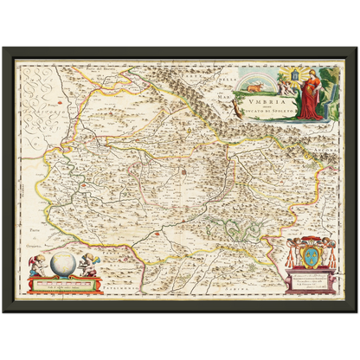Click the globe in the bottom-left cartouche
click(60, 261)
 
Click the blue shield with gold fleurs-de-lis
click(305, 260)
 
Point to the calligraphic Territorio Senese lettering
click(35, 112)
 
